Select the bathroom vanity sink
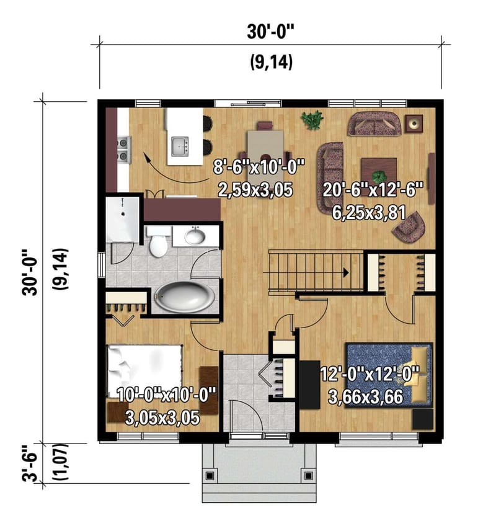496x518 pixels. [195, 236]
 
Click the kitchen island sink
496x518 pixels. [180, 146]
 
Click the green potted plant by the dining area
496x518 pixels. [312, 119]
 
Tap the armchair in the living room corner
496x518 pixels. [410, 228]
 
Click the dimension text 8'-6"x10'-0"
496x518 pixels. [260, 167]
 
